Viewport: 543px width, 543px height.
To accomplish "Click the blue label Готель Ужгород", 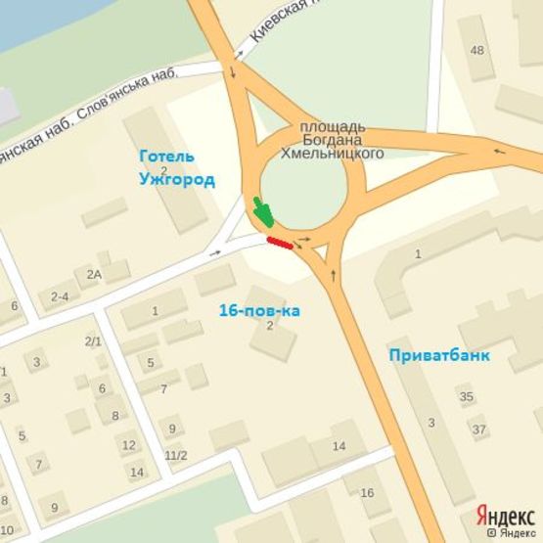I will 176,167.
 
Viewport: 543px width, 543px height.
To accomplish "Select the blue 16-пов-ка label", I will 259,310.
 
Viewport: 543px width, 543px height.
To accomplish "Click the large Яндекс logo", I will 504,515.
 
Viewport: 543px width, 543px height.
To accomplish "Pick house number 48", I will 476,50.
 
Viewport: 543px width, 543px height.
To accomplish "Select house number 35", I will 467,396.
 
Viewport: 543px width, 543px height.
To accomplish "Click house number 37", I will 478,430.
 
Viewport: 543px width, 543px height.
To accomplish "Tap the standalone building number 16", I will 367,492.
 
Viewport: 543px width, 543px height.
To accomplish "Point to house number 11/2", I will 176,455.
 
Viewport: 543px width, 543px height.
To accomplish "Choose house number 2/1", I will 93,340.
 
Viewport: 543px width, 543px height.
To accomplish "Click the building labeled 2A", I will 94,275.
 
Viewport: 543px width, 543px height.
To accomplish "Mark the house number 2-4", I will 59,296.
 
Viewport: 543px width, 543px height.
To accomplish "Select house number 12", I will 128,445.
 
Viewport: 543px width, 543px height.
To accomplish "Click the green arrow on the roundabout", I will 262,212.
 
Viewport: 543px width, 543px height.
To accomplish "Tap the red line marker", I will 279,242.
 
